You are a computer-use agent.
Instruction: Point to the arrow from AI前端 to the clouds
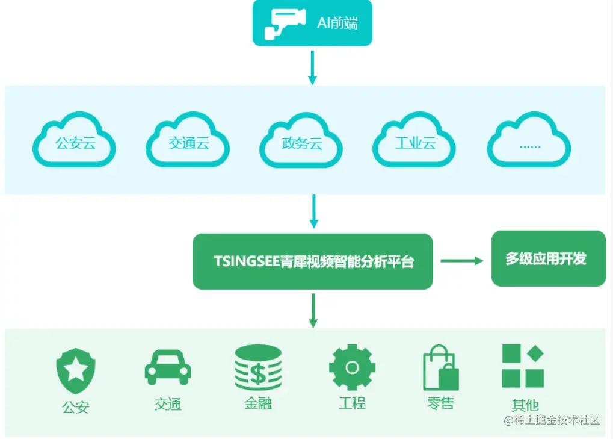point(312,67)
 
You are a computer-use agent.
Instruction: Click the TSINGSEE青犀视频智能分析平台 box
point(313,261)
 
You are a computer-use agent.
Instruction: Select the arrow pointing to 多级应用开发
point(461,260)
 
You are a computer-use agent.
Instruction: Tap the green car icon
point(168,367)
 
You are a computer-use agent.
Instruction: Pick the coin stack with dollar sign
point(258,368)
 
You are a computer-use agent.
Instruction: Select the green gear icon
point(352,367)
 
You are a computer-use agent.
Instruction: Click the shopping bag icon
point(441,368)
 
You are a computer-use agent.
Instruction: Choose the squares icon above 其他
point(523,366)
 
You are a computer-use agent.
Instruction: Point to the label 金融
point(258,403)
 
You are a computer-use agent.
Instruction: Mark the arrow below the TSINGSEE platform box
point(312,310)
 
